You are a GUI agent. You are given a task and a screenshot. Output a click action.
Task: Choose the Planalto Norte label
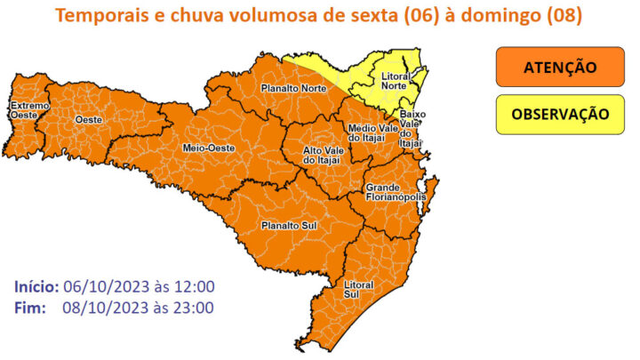tap(292, 89)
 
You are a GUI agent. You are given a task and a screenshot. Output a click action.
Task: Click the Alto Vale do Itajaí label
tap(324, 155)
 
